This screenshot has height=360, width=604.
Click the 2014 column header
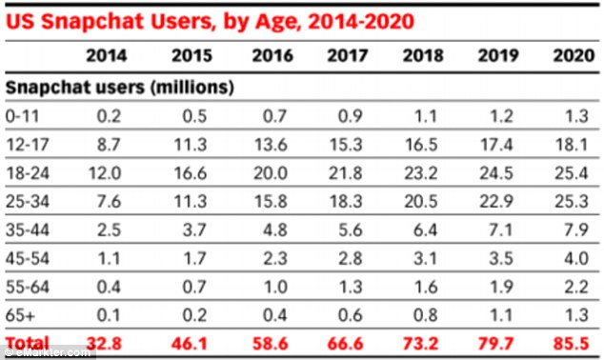107,56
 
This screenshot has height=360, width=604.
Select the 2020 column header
574,56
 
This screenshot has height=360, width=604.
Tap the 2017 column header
348,56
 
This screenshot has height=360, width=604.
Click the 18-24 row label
28,173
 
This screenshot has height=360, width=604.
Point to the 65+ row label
20,315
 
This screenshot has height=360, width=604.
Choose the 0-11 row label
22,116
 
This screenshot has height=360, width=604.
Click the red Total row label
28,342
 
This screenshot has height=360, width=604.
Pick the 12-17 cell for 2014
109,145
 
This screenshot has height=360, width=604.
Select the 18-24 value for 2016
271,173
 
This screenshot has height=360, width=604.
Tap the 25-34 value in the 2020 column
572,201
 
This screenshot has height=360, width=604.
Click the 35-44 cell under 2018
425,230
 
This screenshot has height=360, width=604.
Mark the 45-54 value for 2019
501,258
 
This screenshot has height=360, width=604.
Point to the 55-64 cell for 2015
194,287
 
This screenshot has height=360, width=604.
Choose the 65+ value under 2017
351,315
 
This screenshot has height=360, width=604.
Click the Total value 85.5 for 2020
572,343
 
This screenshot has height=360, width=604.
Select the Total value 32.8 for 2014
104,343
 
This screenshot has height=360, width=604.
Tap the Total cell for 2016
270,343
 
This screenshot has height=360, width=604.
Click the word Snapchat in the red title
92,22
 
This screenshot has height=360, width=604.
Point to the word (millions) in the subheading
192,88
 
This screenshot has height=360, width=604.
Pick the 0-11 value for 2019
501,116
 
